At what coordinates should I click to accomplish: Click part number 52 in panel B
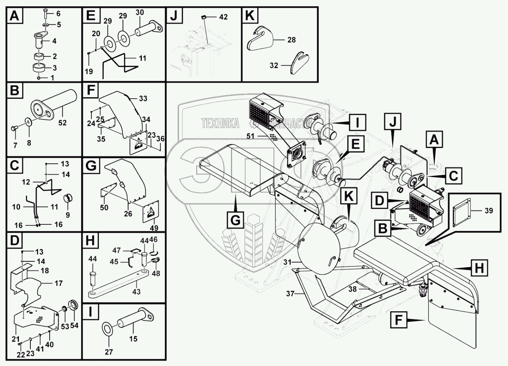point(63,123)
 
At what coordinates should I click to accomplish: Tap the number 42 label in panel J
point(223,17)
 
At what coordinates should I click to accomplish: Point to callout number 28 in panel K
point(291,40)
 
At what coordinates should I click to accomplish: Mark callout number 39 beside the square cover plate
point(489,211)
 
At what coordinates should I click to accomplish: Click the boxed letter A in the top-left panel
point(14,17)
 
